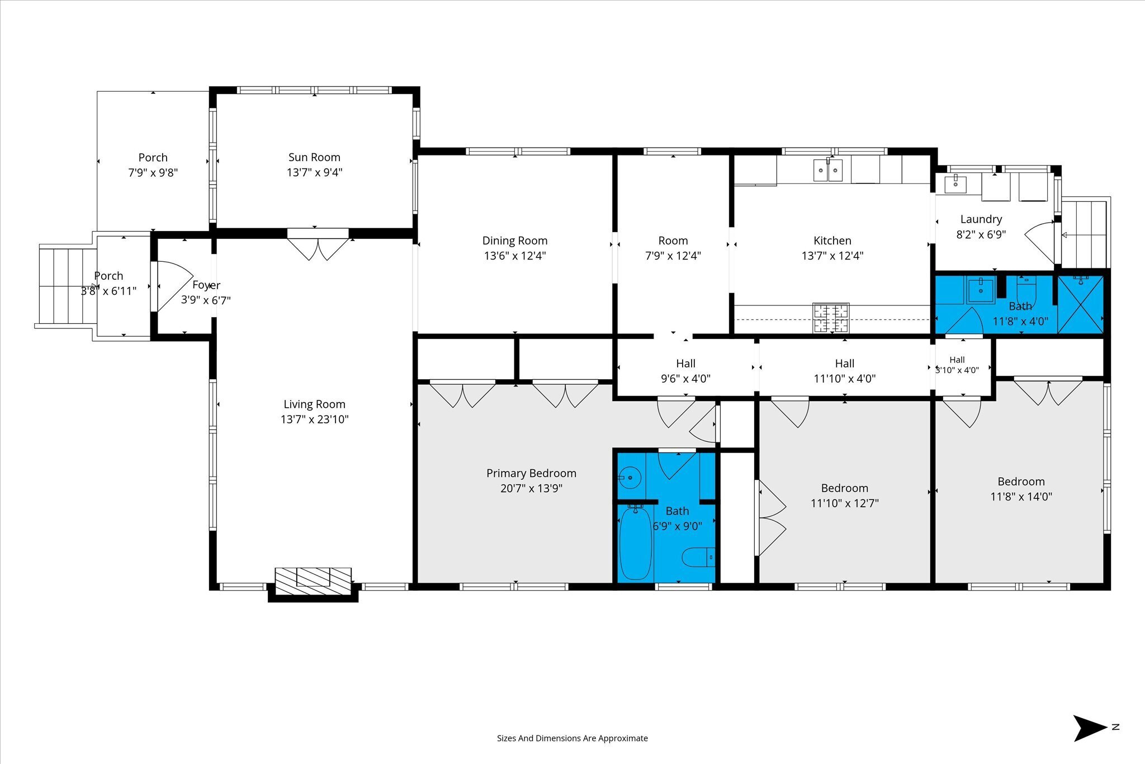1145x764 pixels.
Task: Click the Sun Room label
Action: point(314,157)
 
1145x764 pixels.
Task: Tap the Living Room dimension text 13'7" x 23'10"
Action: point(314,419)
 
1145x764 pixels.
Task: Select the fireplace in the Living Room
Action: point(313,584)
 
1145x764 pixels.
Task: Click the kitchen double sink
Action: point(828,170)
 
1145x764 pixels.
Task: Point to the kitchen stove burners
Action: point(831,318)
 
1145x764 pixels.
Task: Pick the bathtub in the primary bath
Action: point(635,542)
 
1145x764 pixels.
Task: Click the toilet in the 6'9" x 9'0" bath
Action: point(698,557)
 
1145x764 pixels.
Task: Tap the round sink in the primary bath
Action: point(630,477)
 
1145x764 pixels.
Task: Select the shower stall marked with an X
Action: point(1080,305)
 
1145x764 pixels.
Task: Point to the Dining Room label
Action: point(515,240)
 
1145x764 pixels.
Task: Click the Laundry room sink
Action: point(955,183)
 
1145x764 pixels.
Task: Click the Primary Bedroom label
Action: point(531,473)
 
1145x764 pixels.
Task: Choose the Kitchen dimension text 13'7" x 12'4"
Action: point(832,256)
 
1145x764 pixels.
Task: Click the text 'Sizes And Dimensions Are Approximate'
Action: point(572,738)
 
